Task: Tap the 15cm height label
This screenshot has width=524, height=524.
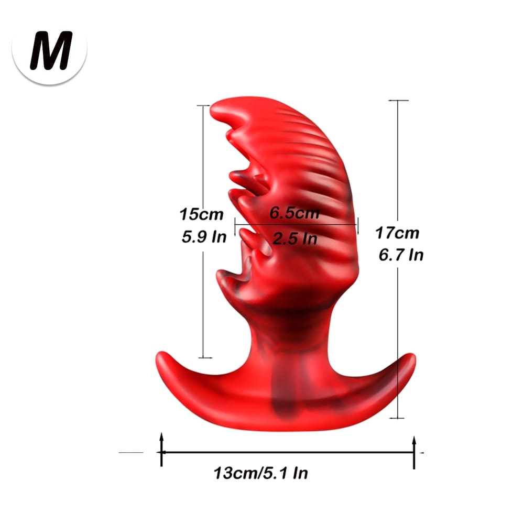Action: click(x=201, y=214)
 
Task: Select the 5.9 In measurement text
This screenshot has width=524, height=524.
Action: click(x=204, y=237)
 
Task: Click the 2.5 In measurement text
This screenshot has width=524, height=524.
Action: click(x=295, y=238)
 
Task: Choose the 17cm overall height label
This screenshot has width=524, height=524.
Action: click(x=397, y=232)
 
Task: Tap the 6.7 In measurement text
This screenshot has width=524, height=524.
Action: click(x=400, y=255)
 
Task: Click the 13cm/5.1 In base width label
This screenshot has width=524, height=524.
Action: click(x=260, y=473)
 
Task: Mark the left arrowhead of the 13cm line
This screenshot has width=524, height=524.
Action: click(x=161, y=438)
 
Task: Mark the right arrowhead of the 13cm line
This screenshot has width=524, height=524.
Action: click(x=414, y=440)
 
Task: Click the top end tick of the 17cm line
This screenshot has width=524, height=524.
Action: click(x=398, y=100)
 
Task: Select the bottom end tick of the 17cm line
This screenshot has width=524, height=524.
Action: click(x=398, y=418)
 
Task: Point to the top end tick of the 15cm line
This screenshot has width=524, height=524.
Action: click(x=203, y=105)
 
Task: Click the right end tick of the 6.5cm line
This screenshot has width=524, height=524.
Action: click(x=358, y=226)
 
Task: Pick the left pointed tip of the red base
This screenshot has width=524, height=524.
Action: click(x=159, y=356)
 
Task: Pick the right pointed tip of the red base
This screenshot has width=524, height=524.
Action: click(x=412, y=357)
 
